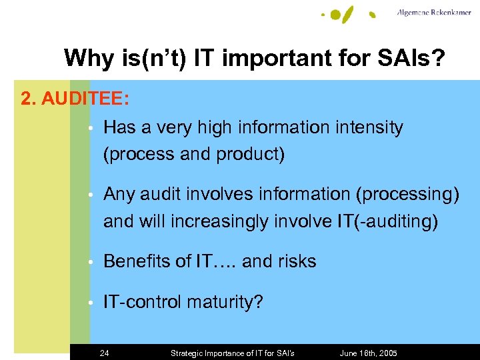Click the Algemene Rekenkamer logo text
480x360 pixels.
click(x=434, y=12)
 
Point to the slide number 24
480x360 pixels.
click(x=104, y=353)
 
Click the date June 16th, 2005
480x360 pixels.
click(x=369, y=353)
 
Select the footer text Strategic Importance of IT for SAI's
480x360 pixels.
click(x=233, y=353)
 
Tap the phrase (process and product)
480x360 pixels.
click(x=194, y=154)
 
